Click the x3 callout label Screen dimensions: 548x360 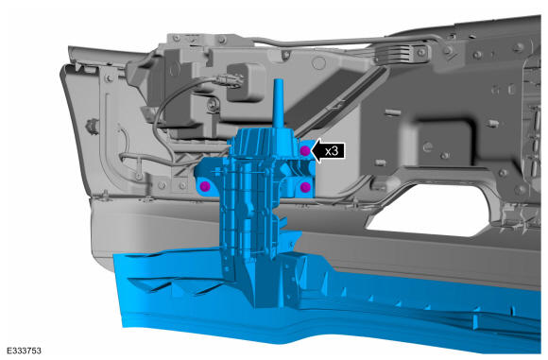[x=332, y=151]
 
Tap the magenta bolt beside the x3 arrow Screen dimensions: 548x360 [x=305, y=151]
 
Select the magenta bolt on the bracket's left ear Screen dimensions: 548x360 [x=205, y=187]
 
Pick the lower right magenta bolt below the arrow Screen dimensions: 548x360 [x=305, y=187]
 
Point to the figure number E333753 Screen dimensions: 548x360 [x=24, y=351]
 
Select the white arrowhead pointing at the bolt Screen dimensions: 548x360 [x=317, y=151]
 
